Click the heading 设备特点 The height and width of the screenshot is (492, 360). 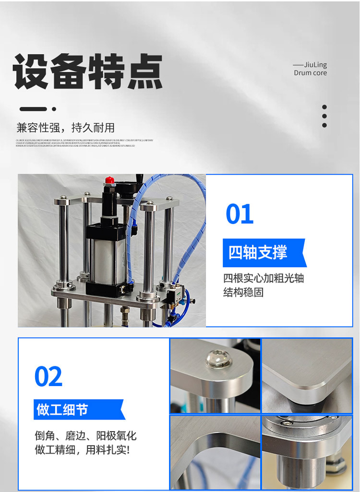click(x=87, y=72)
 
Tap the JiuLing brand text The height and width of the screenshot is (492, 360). click(x=315, y=65)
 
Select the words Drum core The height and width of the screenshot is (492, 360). click(x=310, y=73)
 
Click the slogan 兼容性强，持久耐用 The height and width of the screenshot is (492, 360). click(x=65, y=128)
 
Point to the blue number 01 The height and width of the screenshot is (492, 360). click(x=240, y=214)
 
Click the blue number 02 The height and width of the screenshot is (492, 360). click(x=48, y=377)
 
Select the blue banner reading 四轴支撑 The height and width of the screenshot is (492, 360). click(x=263, y=252)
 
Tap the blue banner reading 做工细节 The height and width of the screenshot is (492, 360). click(x=78, y=410)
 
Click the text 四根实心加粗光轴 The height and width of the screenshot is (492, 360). click(x=264, y=279)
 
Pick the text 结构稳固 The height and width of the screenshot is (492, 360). click(x=243, y=292)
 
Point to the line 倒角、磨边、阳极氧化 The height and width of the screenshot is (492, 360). click(x=85, y=435)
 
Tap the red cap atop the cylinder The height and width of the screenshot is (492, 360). click(x=110, y=181)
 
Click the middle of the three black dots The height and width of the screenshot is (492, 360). click(x=324, y=116)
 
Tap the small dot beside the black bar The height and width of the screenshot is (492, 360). click(x=54, y=109)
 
